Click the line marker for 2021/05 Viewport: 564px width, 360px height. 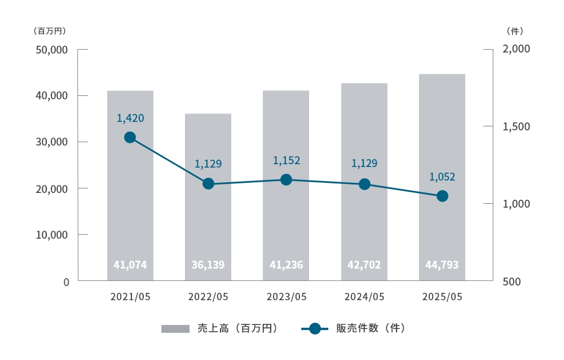pyautogui.click(x=130, y=137)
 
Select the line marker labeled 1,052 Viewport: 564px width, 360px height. pyautogui.click(x=442, y=196)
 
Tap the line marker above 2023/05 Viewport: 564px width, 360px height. pyautogui.click(x=286, y=179)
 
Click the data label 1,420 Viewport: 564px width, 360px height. pyautogui.click(x=130, y=118)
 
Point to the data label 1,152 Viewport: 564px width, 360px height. pyautogui.click(x=287, y=160)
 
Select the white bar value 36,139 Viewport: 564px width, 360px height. pyautogui.click(x=208, y=264)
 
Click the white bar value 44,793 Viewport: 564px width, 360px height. pyautogui.click(x=442, y=264)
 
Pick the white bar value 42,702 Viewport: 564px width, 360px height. pyautogui.click(x=364, y=264)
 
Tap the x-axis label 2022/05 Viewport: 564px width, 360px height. pyautogui.click(x=208, y=297)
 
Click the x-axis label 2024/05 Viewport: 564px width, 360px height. pyautogui.click(x=364, y=297)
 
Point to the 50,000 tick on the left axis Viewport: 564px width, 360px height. pyautogui.click(x=51, y=50)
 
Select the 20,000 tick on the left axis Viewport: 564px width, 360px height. pyautogui.click(x=51, y=188)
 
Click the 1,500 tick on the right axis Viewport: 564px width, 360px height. pyautogui.click(x=516, y=126)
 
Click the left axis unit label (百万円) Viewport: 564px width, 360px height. pyautogui.click(x=50, y=30)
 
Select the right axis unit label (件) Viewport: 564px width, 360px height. pyautogui.click(x=515, y=30)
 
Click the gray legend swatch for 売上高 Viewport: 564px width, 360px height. pyautogui.click(x=175, y=328)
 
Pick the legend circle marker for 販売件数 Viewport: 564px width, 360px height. pyautogui.click(x=315, y=328)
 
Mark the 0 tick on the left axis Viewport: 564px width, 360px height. pyautogui.click(x=66, y=281)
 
